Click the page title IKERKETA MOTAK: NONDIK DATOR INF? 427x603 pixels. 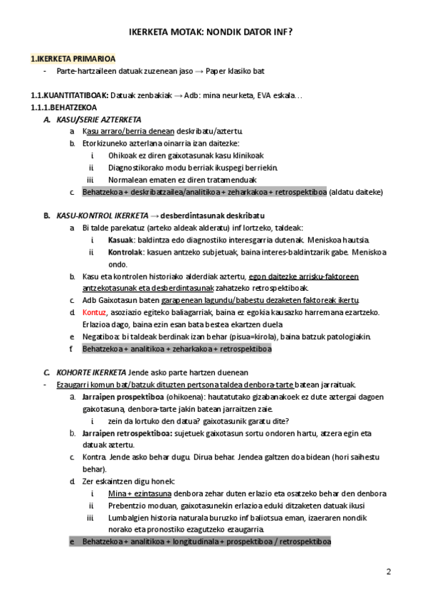click(213, 33)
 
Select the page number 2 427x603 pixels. click(389, 572)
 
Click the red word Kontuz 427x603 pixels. click(95, 311)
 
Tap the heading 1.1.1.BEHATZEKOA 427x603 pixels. click(63, 107)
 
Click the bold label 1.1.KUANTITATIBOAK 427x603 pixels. click(70, 95)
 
